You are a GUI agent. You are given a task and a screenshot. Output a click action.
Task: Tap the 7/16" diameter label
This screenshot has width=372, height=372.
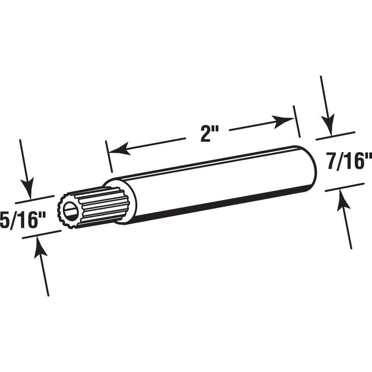click(x=349, y=163)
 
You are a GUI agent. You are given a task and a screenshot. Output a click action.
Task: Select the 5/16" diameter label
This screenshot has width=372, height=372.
click(x=23, y=221)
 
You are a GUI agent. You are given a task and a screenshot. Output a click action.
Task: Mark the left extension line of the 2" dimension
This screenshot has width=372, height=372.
click(x=109, y=156)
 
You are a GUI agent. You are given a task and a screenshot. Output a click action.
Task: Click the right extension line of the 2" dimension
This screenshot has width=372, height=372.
click(x=297, y=121)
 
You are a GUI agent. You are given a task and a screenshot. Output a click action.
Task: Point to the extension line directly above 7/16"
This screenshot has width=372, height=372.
click(x=335, y=136)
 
